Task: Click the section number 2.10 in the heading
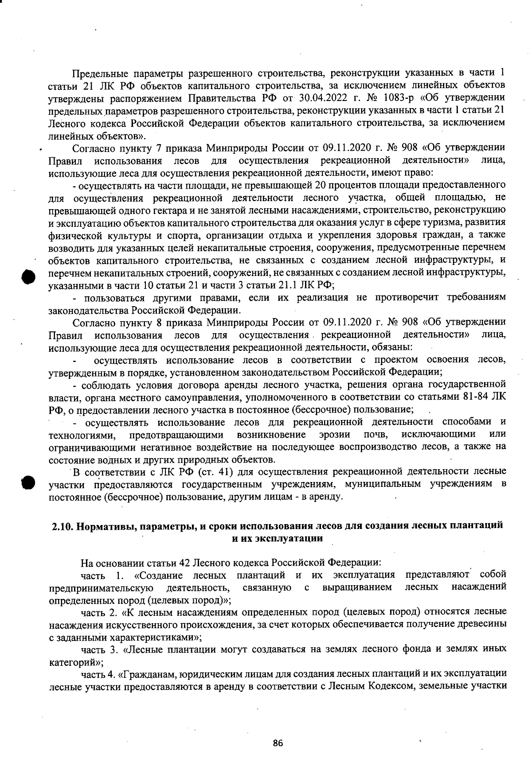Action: click(62, 526)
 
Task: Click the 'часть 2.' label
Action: click(98, 613)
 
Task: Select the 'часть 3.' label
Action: click(98, 650)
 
